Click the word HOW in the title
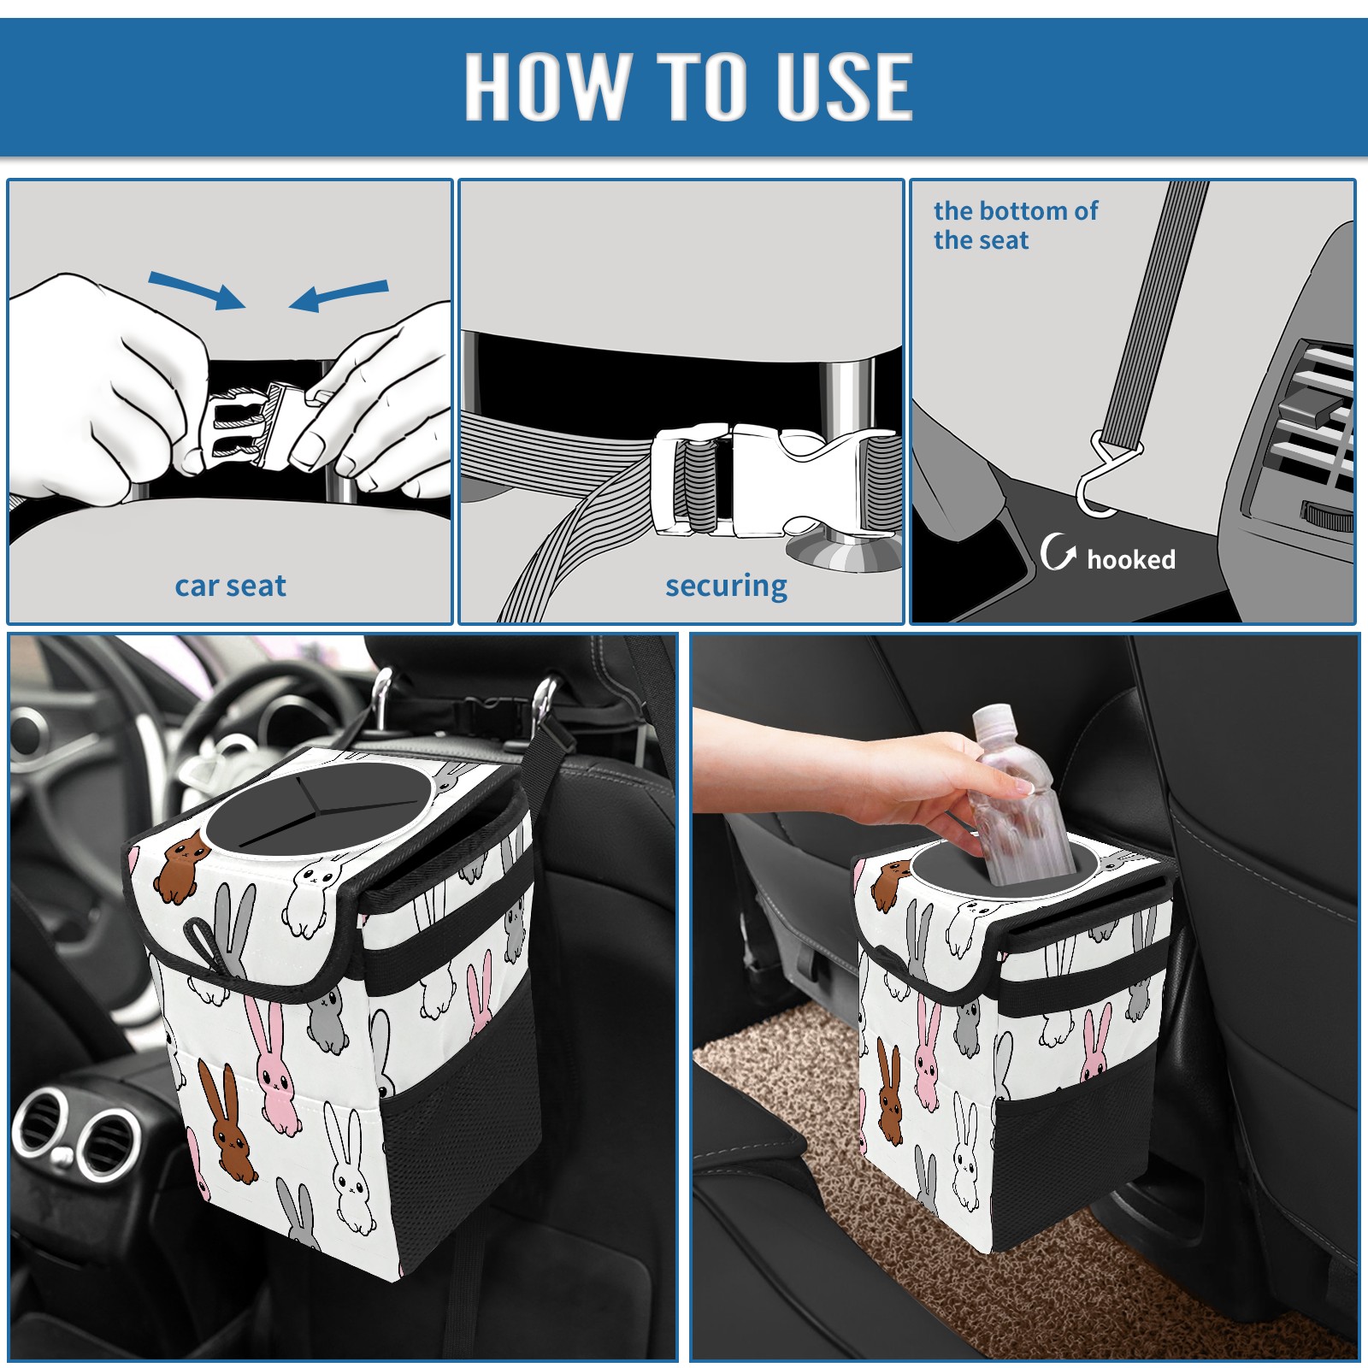tap(545, 86)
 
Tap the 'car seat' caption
tap(230, 586)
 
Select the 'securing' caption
tap(726, 587)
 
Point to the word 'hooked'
tap(1131, 559)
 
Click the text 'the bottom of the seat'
tap(1015, 225)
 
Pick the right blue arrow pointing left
tap(339, 295)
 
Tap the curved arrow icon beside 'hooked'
tap(1058, 552)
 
